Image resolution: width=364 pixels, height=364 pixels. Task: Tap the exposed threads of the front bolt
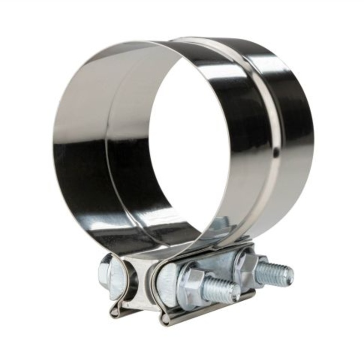click(x=221, y=290)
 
